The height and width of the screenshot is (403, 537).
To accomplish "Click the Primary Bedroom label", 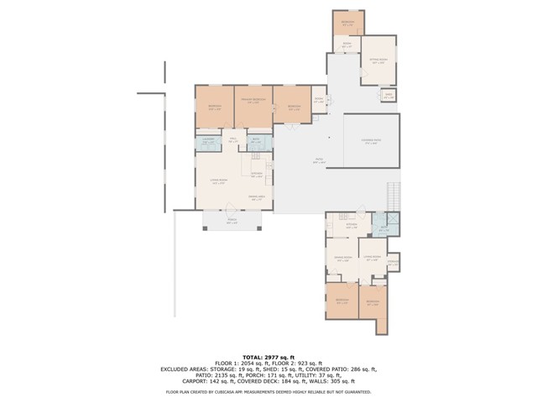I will [253, 102].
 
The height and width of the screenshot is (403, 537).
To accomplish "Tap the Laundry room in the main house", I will [207, 142].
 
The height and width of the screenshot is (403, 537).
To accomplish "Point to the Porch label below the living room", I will [232, 222].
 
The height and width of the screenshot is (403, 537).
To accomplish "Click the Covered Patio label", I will [371, 142].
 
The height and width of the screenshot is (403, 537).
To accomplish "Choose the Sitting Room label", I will [377, 60].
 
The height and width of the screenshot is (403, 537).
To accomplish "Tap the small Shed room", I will [388, 96].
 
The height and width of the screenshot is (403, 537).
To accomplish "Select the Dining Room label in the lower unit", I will [342, 259].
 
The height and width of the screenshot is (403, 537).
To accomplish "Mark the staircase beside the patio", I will [393, 195].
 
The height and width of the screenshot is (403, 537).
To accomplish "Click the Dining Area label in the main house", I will [257, 198].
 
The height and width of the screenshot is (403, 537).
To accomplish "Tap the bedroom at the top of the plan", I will [347, 22].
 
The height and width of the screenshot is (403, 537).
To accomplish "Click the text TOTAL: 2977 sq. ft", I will [268, 356].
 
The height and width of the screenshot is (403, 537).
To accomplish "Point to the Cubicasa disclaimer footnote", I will [268, 391].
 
